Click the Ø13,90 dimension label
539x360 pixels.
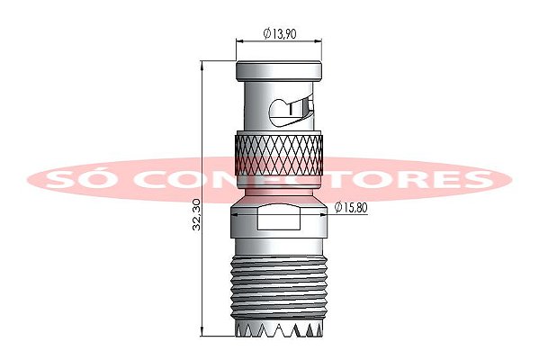[281, 32]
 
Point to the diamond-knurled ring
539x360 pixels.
[279, 154]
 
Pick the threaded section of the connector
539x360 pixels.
[279, 283]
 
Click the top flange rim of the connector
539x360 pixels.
[279, 70]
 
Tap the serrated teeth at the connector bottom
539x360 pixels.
[279, 330]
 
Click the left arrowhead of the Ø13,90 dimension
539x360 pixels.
[238, 40]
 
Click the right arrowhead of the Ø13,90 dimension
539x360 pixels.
[320, 40]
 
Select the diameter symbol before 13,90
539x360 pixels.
[267, 32]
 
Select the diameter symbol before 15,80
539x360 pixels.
[337, 208]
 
